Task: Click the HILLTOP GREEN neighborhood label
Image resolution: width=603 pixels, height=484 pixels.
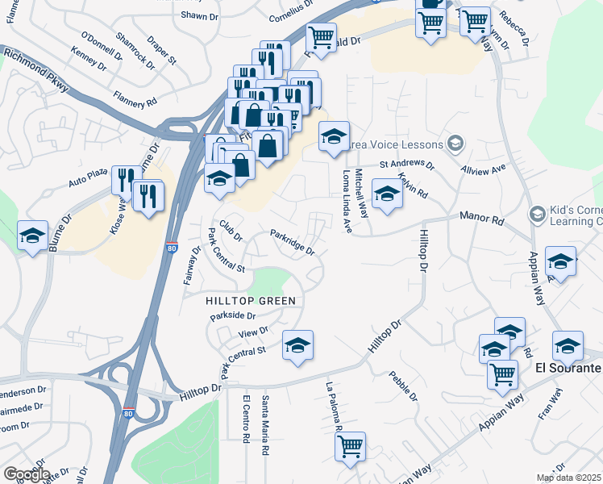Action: pos(251,300)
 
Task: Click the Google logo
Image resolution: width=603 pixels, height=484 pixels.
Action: pos(26,474)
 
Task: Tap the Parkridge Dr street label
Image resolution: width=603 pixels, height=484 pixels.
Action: pos(292,243)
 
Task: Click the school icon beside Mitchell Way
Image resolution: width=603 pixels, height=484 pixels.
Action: pos(387,195)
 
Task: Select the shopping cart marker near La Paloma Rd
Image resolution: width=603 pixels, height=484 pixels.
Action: pos(350,448)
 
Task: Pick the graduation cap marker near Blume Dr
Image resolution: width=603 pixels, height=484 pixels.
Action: pos(32,236)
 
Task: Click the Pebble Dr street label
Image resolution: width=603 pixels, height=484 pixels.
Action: pos(403,386)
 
